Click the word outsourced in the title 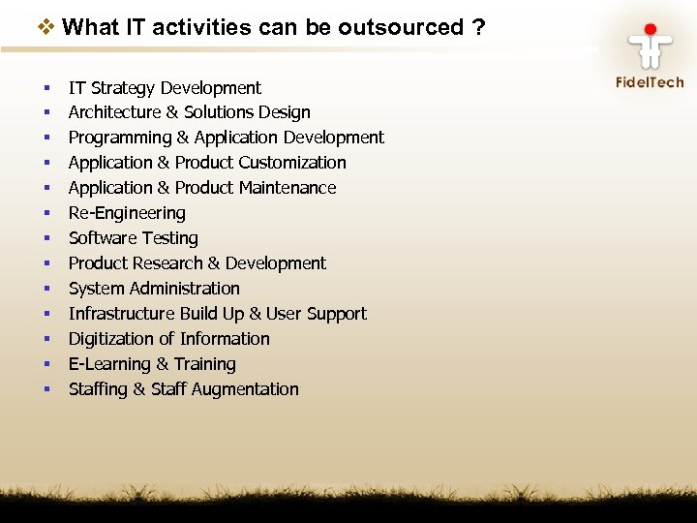point(401,27)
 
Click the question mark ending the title point(479,27)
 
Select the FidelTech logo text point(650,82)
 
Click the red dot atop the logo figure point(651,30)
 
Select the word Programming point(119,138)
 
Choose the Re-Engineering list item point(127,213)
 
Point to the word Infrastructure point(120,314)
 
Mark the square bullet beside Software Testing point(46,238)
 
